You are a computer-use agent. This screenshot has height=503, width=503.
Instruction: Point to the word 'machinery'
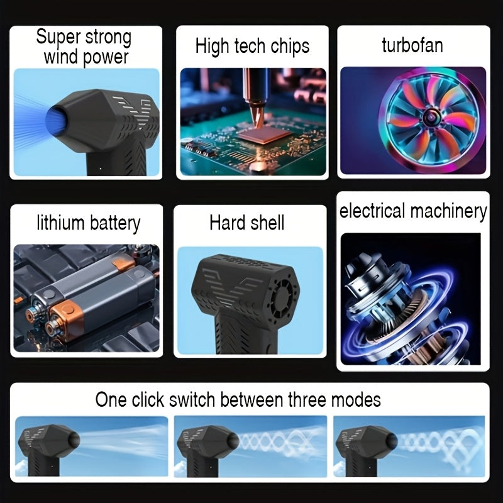pyautogui.click(x=448, y=211)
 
